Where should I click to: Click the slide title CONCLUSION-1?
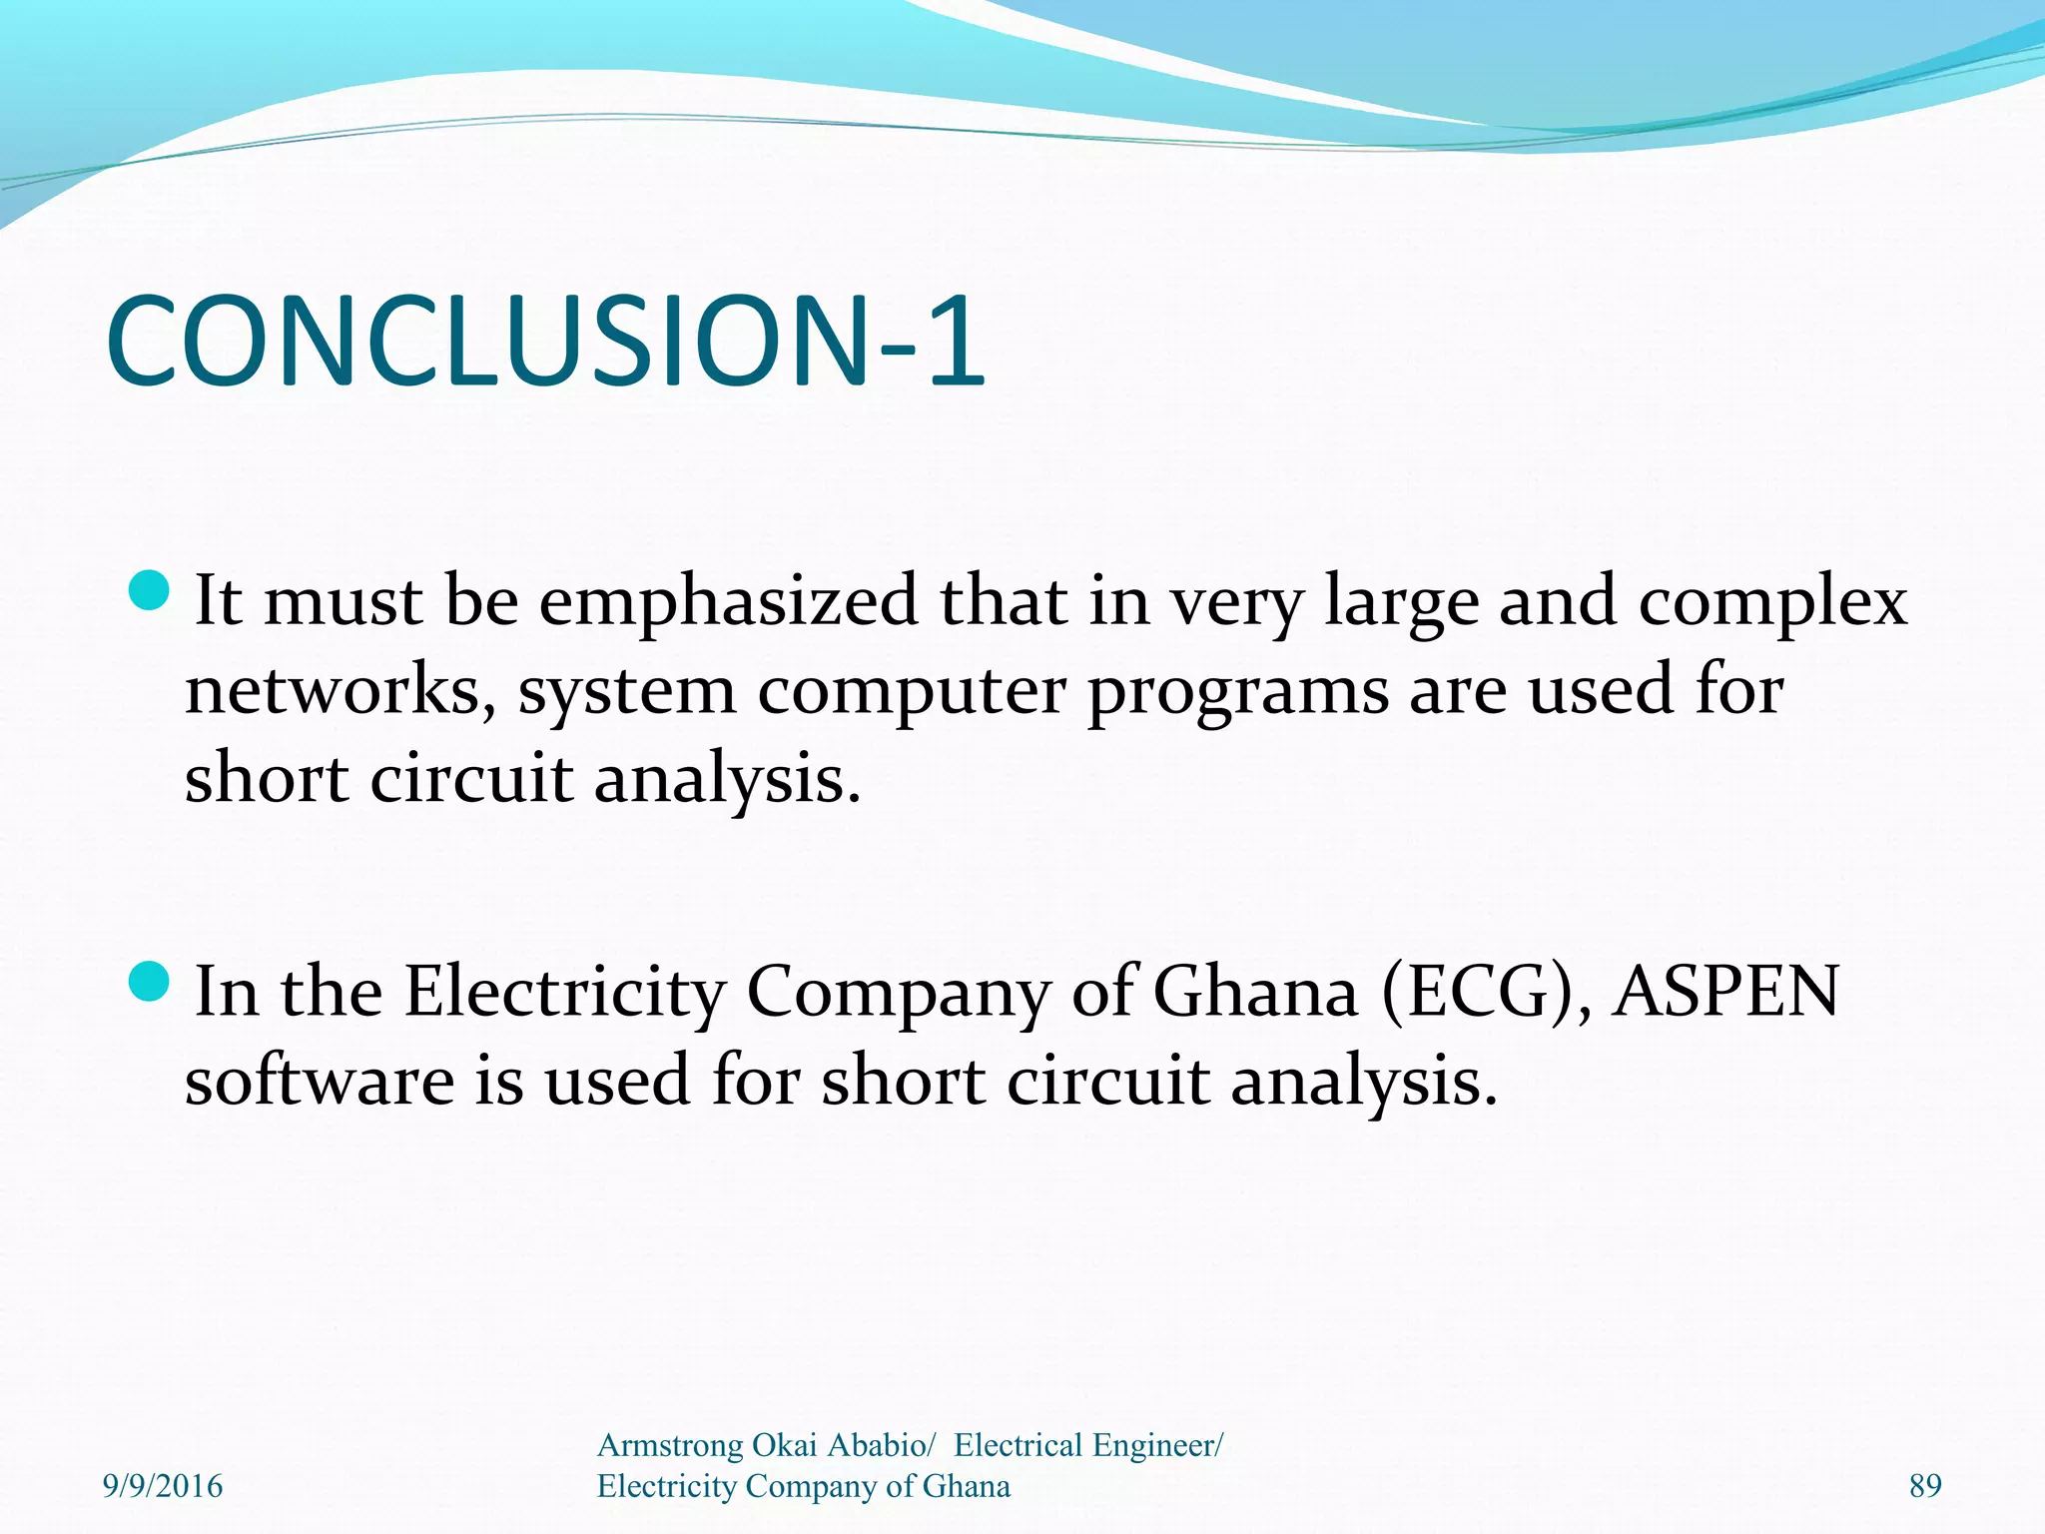pyautogui.click(x=545, y=342)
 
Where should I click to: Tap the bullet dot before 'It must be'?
pyautogui.click(x=151, y=590)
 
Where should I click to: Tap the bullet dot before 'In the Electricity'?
pyautogui.click(x=151, y=981)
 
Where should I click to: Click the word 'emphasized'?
pyautogui.click(x=728, y=603)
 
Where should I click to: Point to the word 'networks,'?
pyautogui.click(x=340, y=691)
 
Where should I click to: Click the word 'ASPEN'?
pyautogui.click(x=1726, y=993)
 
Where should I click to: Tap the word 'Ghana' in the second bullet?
pyautogui.click(x=1255, y=993)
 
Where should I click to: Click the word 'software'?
pyautogui.click(x=319, y=1081)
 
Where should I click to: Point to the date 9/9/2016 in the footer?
pyautogui.click(x=163, y=1486)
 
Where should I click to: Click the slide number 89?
pyautogui.click(x=1925, y=1486)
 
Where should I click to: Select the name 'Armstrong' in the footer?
pyautogui.click(x=670, y=1445)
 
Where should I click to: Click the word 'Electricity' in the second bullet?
pyautogui.click(x=565, y=993)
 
